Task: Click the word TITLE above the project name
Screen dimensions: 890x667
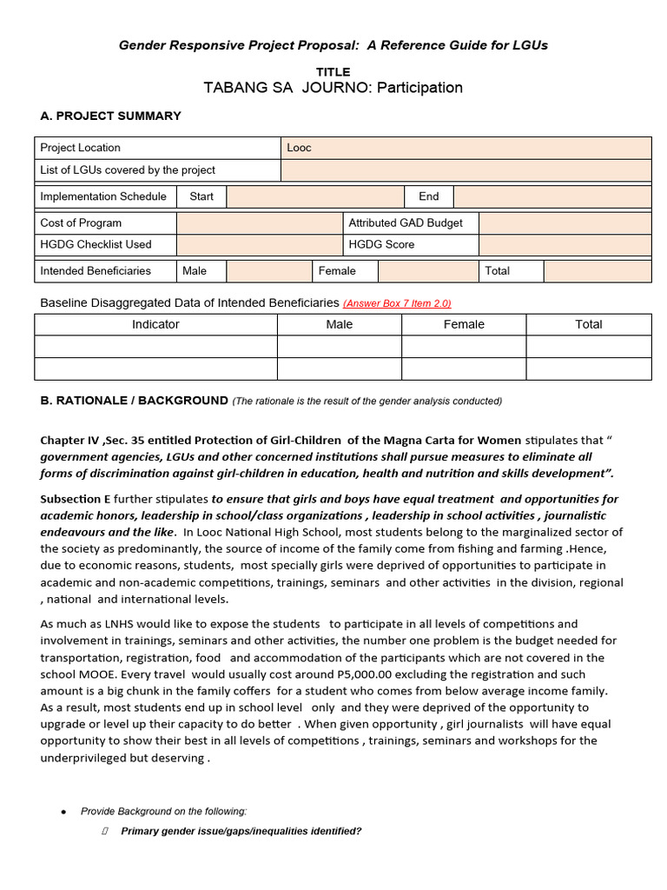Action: [x=333, y=72]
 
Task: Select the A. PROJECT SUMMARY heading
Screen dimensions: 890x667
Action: [x=111, y=116]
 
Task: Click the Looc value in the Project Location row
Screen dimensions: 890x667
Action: [x=299, y=148]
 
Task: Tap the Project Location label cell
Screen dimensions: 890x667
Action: [x=81, y=148]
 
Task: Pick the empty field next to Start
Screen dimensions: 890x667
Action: [x=315, y=196]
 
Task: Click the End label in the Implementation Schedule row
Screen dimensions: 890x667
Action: [x=429, y=196]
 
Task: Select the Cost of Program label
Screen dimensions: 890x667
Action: [x=81, y=223]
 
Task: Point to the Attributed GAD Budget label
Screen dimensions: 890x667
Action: [x=406, y=223]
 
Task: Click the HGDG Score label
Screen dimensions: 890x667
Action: [x=381, y=245]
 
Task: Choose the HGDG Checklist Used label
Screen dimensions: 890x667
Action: [x=96, y=245]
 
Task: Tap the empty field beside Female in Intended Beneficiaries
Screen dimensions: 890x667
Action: [x=428, y=271]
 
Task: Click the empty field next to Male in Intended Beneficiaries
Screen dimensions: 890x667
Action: [x=268, y=271]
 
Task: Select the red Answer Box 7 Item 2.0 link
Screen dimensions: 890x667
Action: [x=397, y=303]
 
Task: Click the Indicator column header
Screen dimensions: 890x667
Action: [x=155, y=324]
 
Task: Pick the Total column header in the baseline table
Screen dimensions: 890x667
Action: [x=588, y=324]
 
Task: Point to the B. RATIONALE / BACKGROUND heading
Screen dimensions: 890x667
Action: [x=135, y=401]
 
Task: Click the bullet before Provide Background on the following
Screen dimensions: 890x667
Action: [x=63, y=812]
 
